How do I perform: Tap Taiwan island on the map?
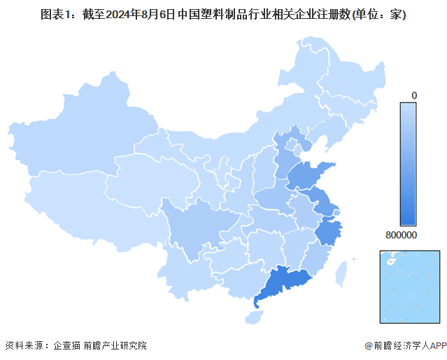[x=343, y=273]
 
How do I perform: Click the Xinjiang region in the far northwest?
[x=77, y=140]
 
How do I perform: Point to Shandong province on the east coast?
[x=308, y=175]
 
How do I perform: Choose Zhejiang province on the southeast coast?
[x=327, y=231]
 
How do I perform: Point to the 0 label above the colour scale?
[x=414, y=94]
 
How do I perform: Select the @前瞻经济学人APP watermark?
[x=404, y=345]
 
